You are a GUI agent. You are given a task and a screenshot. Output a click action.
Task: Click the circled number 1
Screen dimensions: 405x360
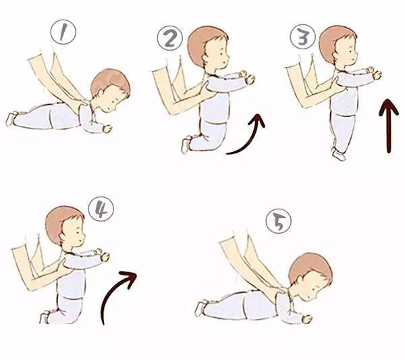(63, 32)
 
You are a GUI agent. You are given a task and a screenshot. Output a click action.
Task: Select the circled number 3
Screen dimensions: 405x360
(302, 37)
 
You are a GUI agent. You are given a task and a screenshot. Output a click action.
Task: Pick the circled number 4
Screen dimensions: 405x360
(101, 209)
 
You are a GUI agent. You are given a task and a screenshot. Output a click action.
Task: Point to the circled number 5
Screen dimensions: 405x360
(278, 222)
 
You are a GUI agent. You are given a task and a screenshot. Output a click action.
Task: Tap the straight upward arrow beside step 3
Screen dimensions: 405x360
(389, 126)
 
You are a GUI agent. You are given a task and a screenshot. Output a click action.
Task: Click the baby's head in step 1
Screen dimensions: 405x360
(111, 90)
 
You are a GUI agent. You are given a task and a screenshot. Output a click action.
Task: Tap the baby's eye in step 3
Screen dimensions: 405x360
(352, 51)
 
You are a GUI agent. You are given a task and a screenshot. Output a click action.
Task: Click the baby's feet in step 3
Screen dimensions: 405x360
(338, 154)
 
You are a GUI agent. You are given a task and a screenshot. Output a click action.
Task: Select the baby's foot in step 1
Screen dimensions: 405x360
(11, 119)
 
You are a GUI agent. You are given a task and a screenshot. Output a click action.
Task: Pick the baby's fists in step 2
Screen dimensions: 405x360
(247, 77)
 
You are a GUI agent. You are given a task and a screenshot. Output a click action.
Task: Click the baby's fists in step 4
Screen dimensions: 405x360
(102, 255)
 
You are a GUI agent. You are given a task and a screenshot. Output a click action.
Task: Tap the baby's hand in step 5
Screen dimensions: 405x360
(307, 319)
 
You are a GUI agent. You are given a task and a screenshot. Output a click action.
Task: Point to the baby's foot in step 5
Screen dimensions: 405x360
(201, 308)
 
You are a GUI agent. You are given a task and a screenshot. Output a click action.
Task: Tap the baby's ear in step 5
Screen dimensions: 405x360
(301, 280)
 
